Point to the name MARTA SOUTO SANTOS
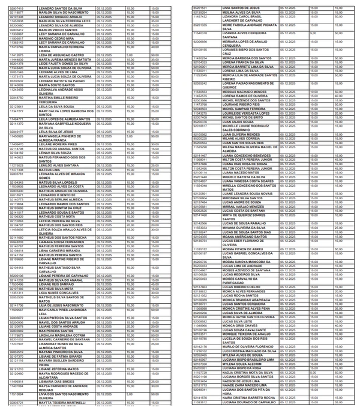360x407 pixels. coord(58,85)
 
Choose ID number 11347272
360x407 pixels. coord(16,111)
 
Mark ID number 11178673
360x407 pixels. coord(16,334)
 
